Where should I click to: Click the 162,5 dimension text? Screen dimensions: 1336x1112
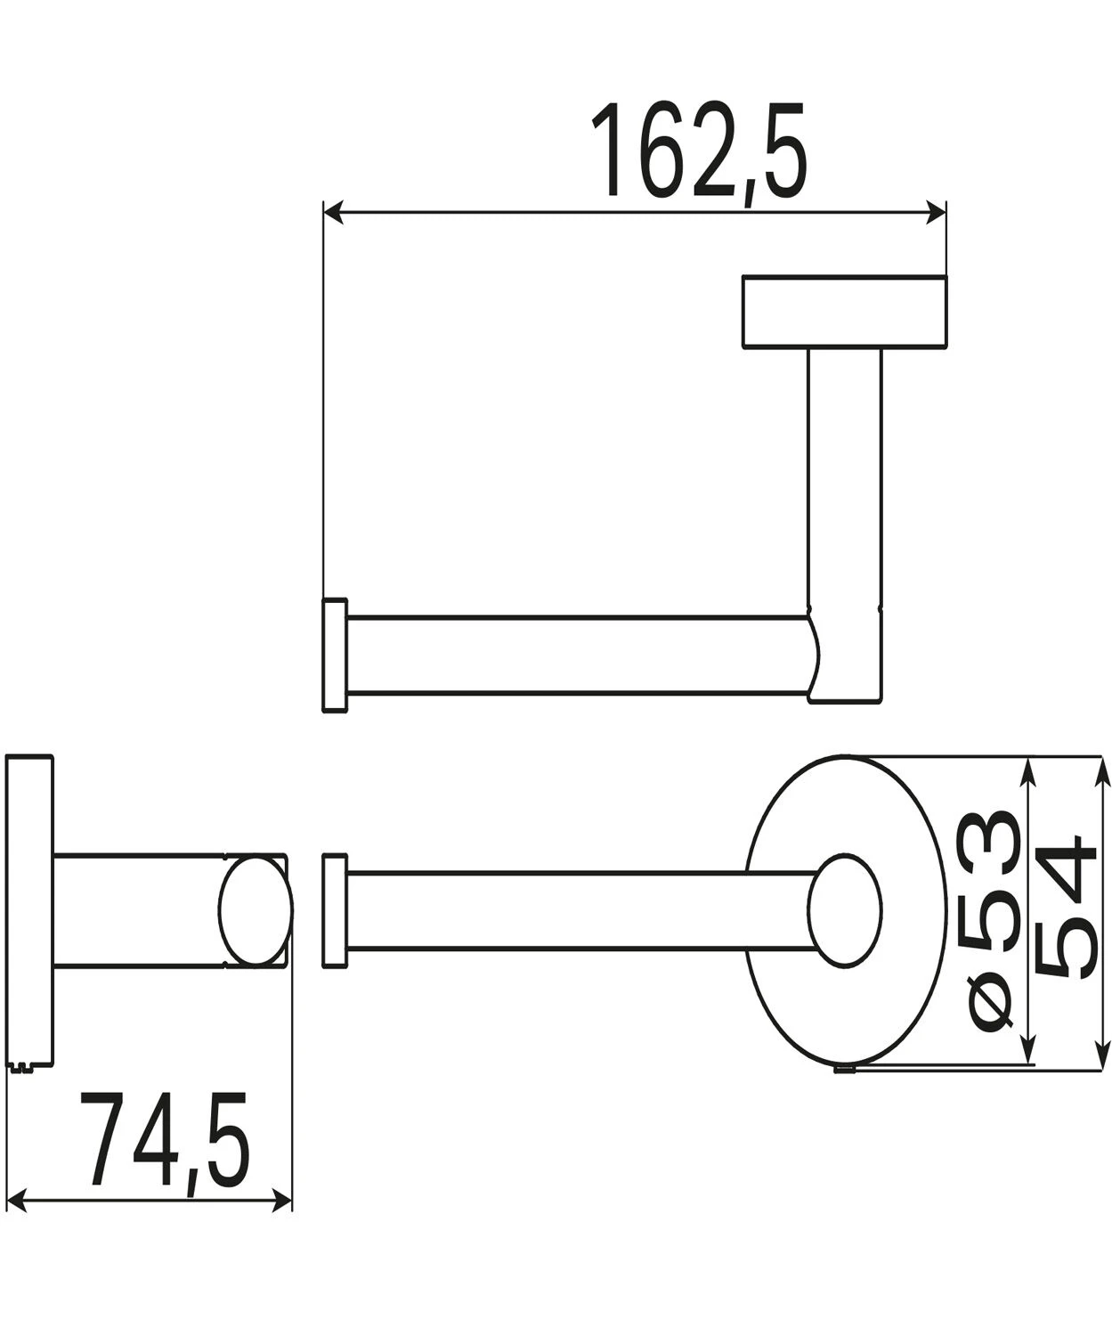(700, 151)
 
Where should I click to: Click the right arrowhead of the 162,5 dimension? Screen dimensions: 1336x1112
(936, 212)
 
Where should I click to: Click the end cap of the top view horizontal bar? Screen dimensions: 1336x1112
(334, 655)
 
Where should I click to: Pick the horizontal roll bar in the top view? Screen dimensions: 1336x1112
(579, 655)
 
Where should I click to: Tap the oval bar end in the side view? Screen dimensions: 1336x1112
(255, 910)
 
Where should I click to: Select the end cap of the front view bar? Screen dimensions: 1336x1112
(334, 911)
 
